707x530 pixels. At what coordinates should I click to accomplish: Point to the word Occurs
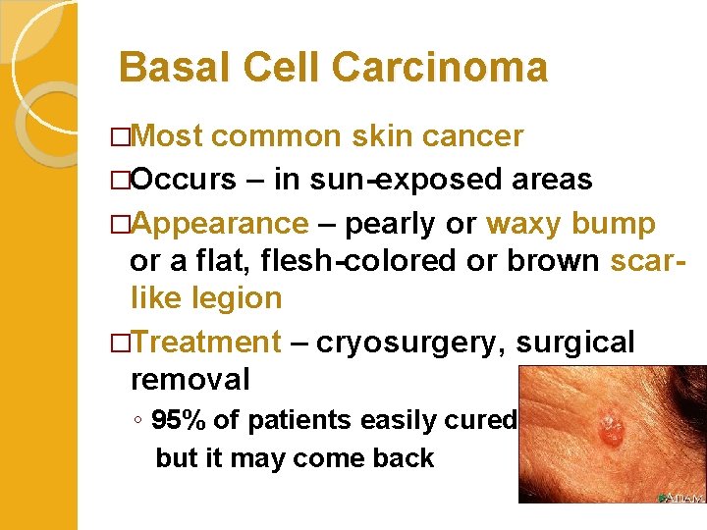tap(183, 180)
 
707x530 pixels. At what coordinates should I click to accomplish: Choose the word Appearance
tap(219, 223)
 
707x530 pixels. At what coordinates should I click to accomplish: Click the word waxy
tap(522, 223)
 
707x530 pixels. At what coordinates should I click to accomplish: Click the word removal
tap(190, 379)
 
